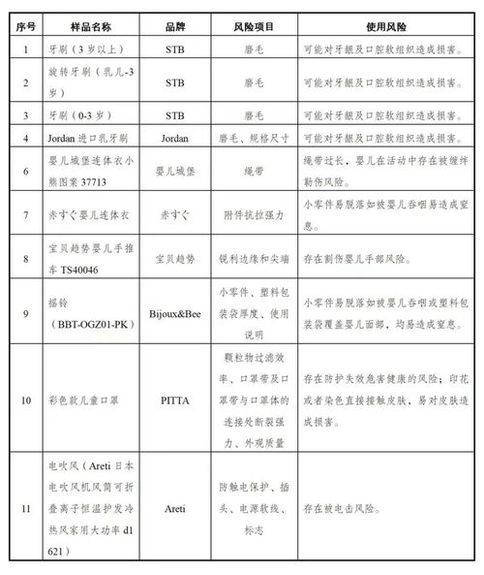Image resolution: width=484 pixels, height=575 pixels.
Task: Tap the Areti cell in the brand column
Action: coord(174,506)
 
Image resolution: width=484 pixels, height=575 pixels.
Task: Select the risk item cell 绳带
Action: coord(251,168)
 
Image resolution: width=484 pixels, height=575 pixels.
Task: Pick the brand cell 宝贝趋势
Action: coord(174,259)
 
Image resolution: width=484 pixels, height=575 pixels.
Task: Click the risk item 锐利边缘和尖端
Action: coord(251,259)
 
